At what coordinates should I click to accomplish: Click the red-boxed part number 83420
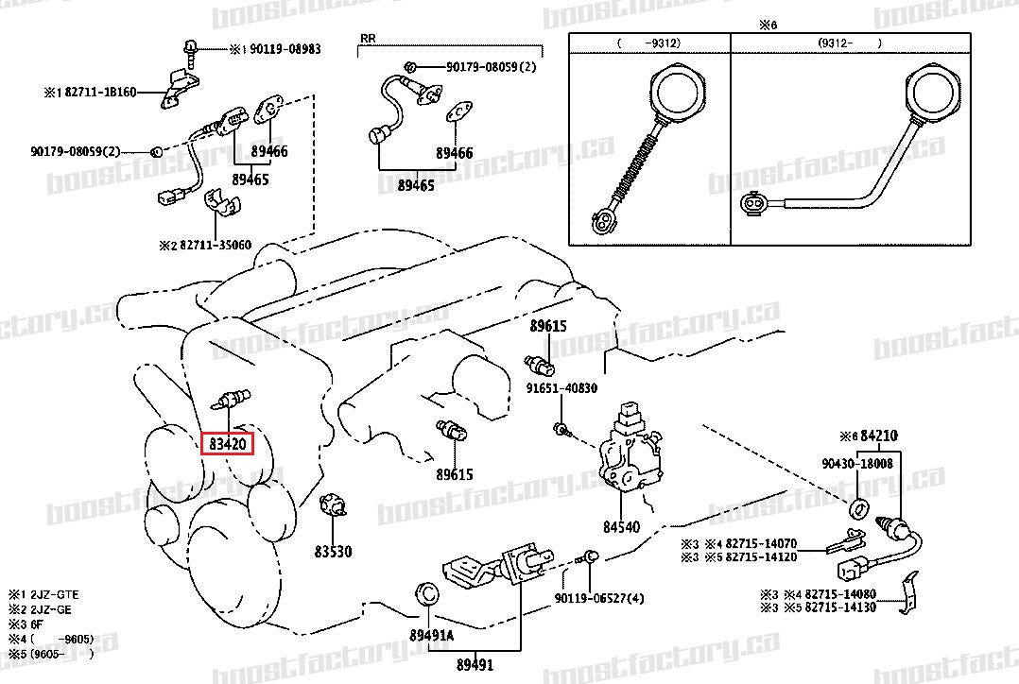pyautogui.click(x=228, y=443)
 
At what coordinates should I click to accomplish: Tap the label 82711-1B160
pyautogui.click(x=100, y=93)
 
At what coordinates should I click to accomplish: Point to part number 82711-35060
pyautogui.click(x=216, y=245)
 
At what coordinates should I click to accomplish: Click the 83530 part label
pyautogui.click(x=333, y=550)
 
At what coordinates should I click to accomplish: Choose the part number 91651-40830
pyautogui.click(x=563, y=387)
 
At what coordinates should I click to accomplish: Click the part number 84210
pyautogui.click(x=878, y=436)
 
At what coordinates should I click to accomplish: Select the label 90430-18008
pyautogui.click(x=856, y=464)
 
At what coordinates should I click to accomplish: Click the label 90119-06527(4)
pyautogui.click(x=599, y=598)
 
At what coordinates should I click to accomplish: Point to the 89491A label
pyautogui.click(x=432, y=635)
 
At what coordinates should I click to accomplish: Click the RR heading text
pyautogui.click(x=368, y=39)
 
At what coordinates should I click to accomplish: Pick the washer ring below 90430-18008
pyautogui.click(x=860, y=509)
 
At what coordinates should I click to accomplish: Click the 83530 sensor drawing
pyautogui.click(x=333, y=506)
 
